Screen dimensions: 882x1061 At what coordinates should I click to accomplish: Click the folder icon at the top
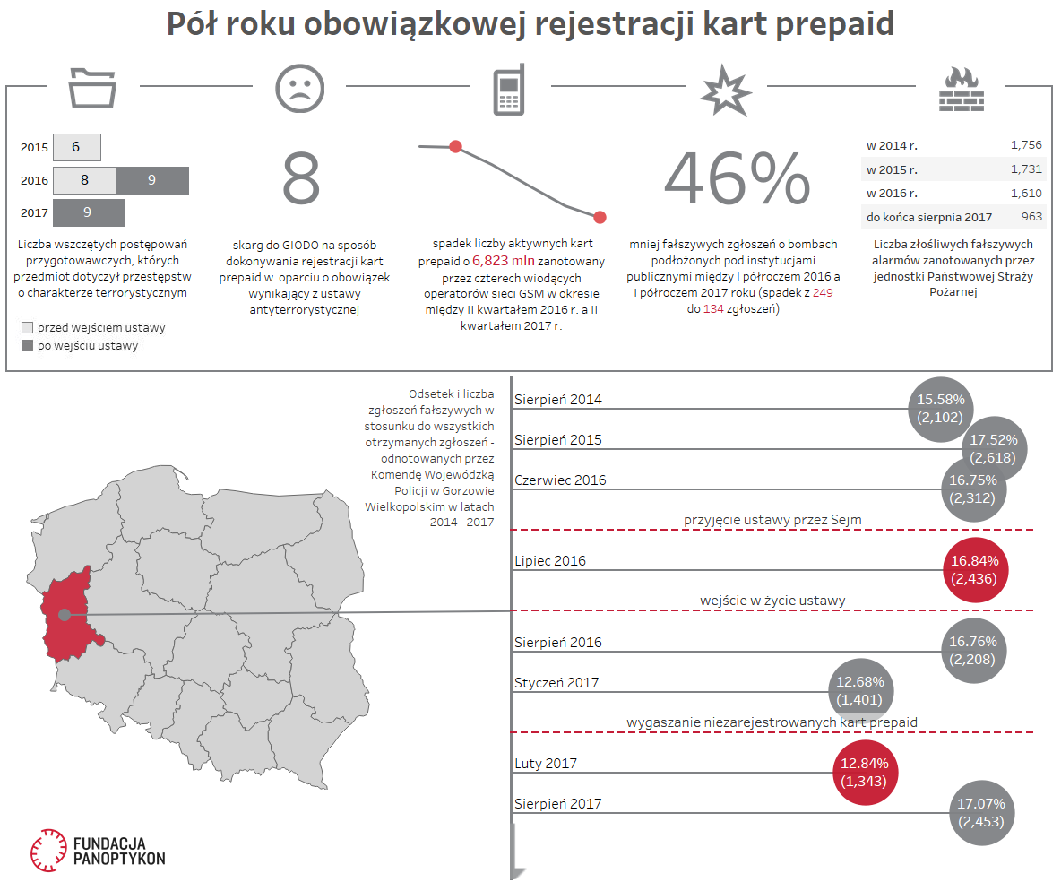pyautogui.click(x=93, y=87)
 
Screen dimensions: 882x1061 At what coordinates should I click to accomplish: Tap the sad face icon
pyautogui.click(x=299, y=88)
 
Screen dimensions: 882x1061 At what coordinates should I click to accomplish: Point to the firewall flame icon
pyautogui.click(x=961, y=89)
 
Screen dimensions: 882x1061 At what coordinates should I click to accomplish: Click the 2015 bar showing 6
pyautogui.click(x=76, y=147)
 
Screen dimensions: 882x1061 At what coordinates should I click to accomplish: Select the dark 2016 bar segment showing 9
pyautogui.click(x=152, y=180)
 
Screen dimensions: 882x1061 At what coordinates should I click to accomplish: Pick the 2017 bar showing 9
pyautogui.click(x=88, y=213)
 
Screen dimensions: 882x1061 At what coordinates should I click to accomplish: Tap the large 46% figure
pyautogui.click(x=737, y=179)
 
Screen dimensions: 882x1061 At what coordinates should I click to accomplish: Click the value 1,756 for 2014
pyautogui.click(x=1025, y=144)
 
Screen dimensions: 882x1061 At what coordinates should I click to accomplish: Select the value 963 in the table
pyautogui.click(x=1031, y=217)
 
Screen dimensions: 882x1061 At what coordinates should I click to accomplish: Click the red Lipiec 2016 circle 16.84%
pyautogui.click(x=975, y=570)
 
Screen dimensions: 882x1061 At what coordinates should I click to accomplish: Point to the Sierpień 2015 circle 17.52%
pyautogui.click(x=998, y=448)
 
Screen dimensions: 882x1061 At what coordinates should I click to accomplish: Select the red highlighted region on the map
pyautogui.click(x=68, y=622)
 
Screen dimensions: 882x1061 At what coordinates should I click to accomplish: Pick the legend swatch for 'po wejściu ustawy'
pyautogui.click(x=27, y=345)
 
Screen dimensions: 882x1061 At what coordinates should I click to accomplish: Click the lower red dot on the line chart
pyautogui.click(x=600, y=217)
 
